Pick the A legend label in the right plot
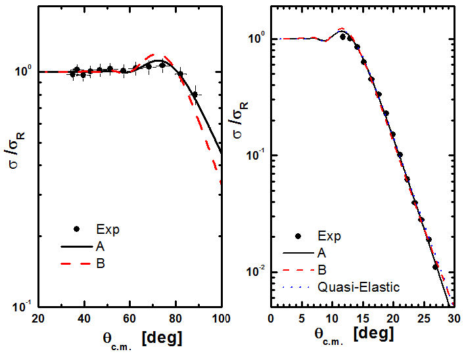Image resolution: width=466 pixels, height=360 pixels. (321, 252)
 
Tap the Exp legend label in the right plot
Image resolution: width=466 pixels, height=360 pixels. (330, 235)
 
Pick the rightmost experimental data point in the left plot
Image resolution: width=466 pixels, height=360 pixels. (195, 95)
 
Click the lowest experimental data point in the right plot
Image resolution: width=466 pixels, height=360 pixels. (435, 267)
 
